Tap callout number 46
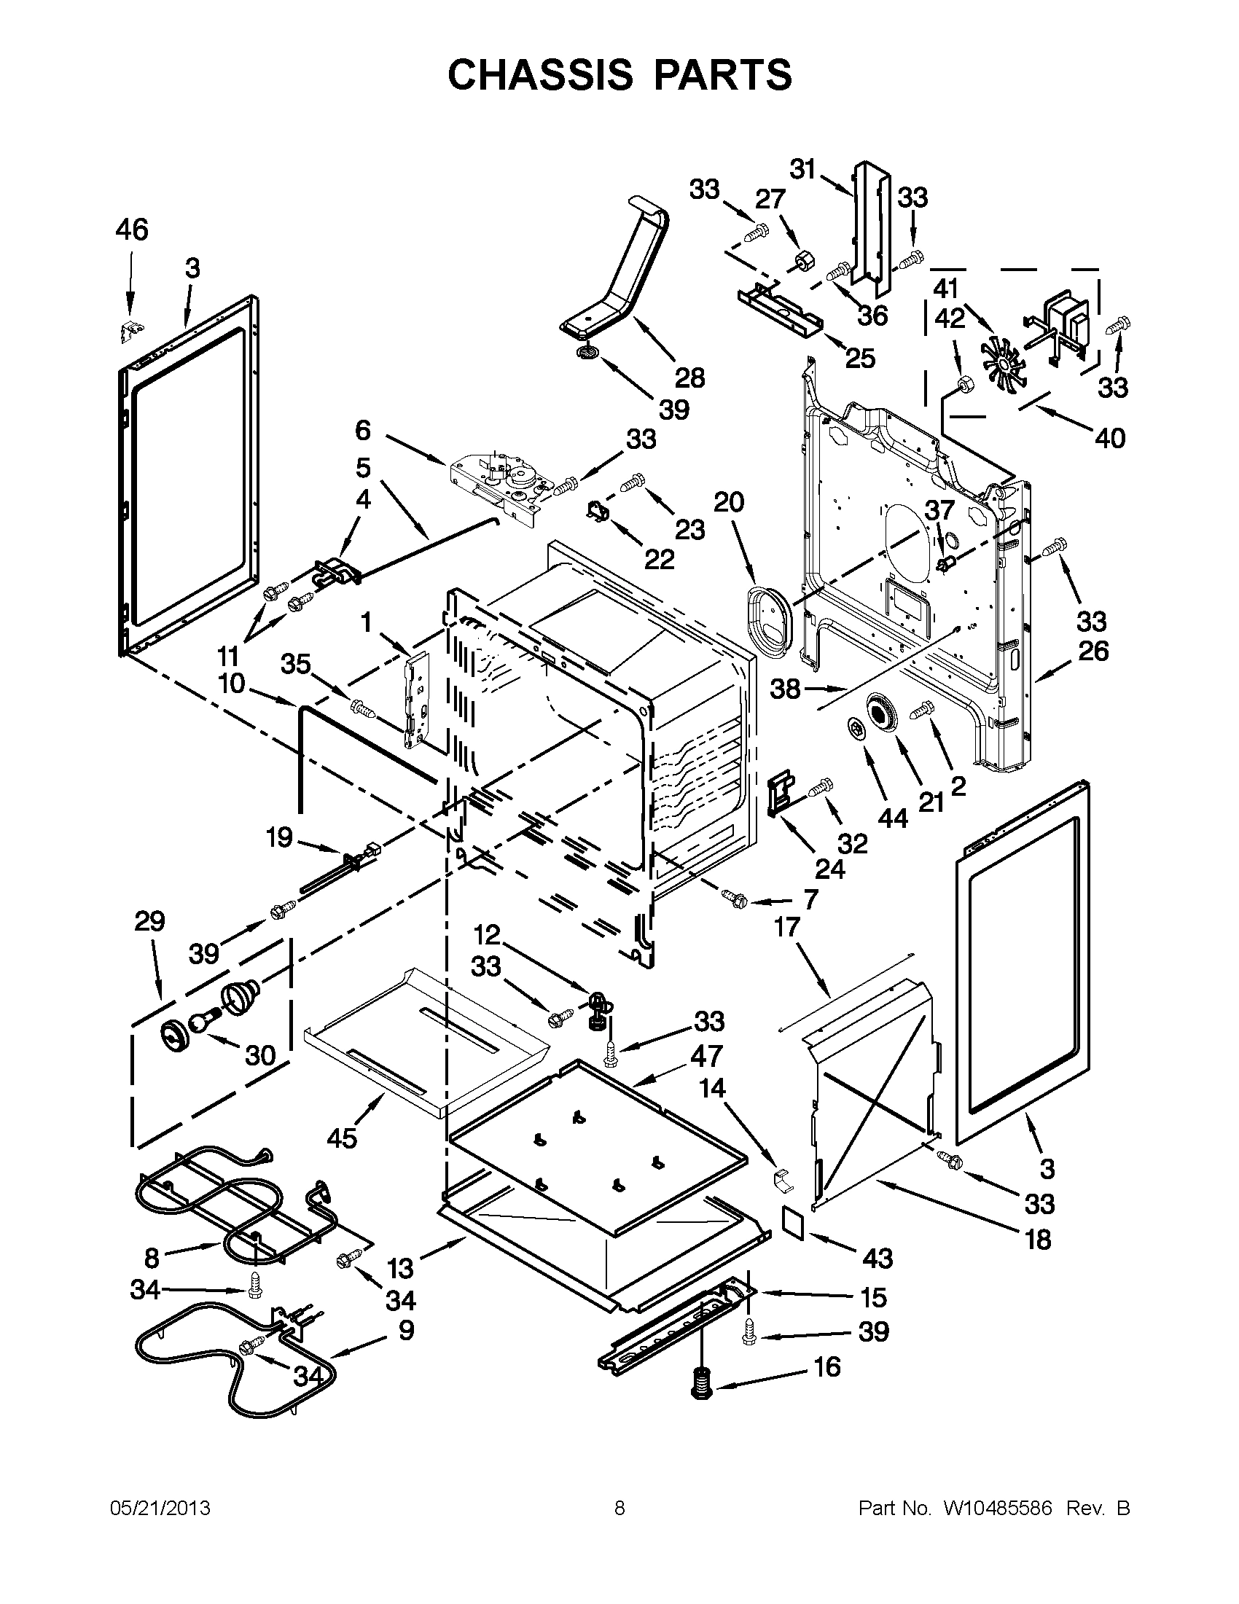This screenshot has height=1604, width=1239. [x=131, y=230]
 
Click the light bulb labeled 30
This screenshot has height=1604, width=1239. [x=203, y=1020]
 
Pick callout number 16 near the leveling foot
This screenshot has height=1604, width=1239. [x=827, y=1366]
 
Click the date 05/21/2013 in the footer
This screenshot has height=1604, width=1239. [x=160, y=1509]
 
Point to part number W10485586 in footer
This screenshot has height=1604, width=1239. [x=997, y=1509]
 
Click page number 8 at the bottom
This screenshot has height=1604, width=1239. [x=619, y=1509]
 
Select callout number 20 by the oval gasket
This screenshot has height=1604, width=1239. [x=729, y=502]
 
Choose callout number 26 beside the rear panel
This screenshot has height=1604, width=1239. [x=1093, y=651]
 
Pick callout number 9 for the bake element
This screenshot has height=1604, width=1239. [x=405, y=1329]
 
